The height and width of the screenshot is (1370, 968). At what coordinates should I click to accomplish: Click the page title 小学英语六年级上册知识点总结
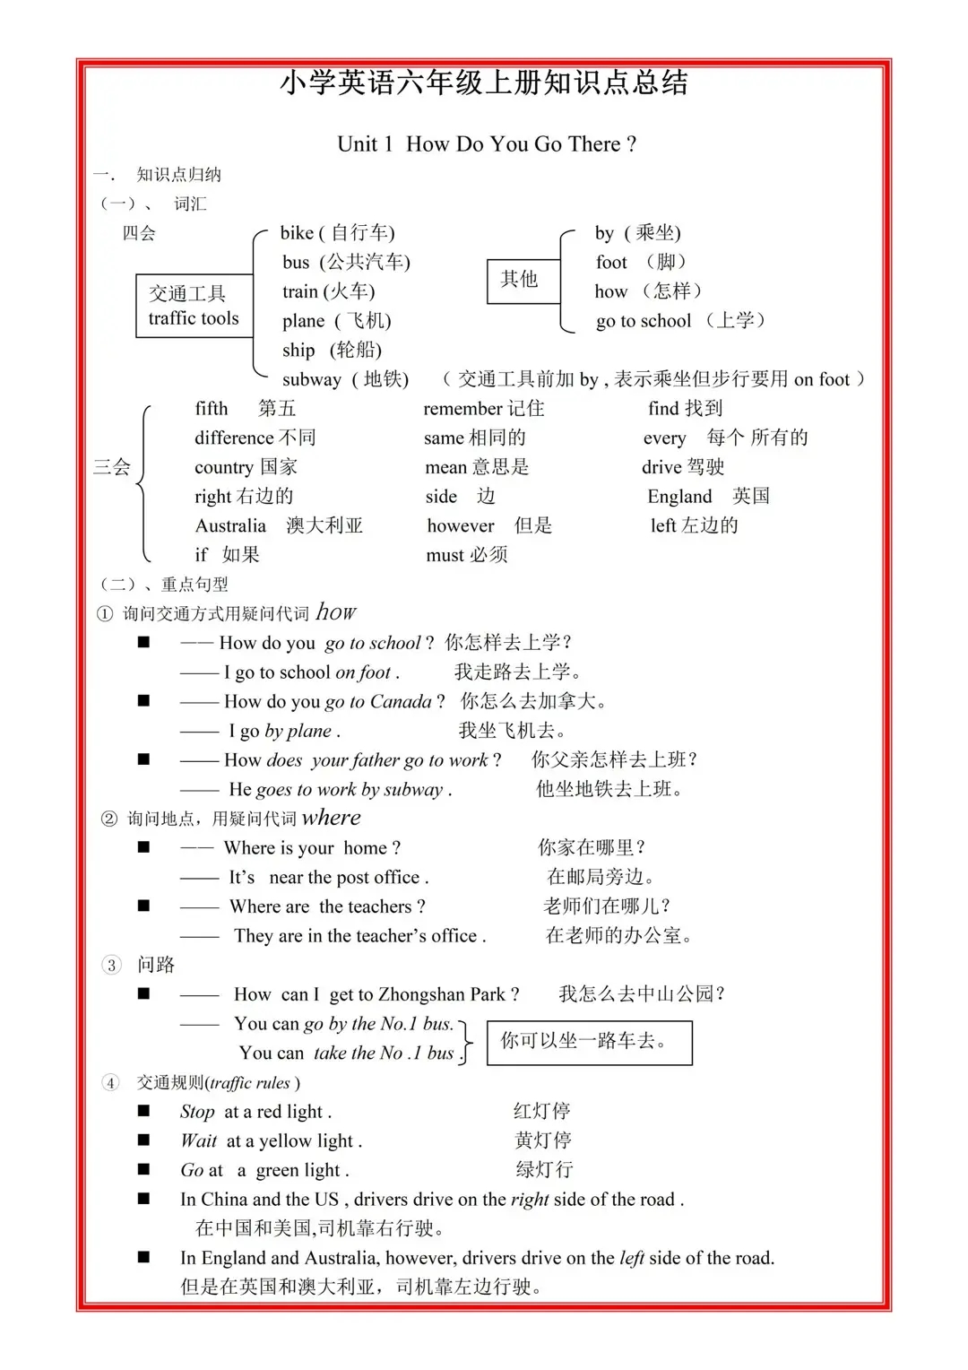coord(484,83)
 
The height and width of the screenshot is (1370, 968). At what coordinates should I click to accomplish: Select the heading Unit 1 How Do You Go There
coord(486,144)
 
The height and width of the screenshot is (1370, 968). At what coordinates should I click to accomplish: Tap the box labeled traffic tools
coord(194,306)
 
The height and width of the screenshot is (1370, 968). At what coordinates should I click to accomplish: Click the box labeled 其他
coord(520,280)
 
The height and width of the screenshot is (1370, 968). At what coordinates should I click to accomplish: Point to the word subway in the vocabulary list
coord(311,379)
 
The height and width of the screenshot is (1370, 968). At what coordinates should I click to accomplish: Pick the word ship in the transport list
coord(298,351)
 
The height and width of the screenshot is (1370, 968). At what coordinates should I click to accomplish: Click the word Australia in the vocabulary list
coord(230,525)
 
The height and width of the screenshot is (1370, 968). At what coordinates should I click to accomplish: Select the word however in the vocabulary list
coord(461,525)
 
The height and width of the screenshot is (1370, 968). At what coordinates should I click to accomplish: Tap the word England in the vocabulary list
coord(679,497)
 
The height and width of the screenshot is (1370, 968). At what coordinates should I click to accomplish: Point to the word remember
coord(462,409)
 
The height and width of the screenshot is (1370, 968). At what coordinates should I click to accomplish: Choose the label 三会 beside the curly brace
coord(112,467)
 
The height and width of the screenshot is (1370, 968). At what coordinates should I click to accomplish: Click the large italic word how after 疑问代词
coord(336,611)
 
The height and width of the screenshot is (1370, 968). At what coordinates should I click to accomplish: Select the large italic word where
coord(331,817)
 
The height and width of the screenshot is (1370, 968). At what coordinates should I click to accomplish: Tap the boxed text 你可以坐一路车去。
coord(589,1042)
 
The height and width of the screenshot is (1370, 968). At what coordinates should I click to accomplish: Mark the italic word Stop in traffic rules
coord(197,1112)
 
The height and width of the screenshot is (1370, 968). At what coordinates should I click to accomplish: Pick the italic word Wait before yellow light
coord(199,1141)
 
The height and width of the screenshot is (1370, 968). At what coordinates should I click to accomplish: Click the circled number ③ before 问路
coord(111,965)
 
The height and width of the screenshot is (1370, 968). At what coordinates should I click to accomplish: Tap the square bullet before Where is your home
coord(143,847)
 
